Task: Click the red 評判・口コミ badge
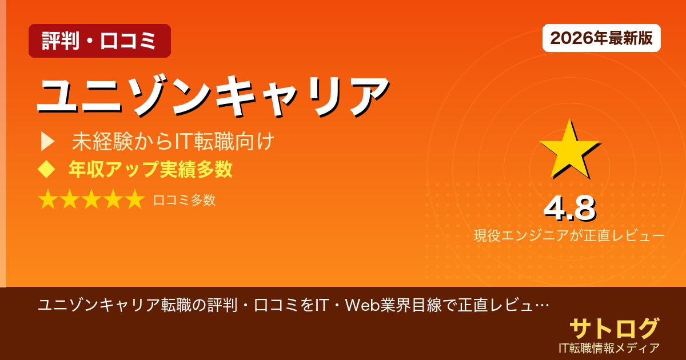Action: click(x=99, y=41)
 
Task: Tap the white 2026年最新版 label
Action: click(x=601, y=38)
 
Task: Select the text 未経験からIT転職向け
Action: click(x=173, y=142)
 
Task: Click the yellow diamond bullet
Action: click(x=46, y=169)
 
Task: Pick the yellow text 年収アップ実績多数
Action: click(x=150, y=169)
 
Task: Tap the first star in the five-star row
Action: click(x=48, y=199)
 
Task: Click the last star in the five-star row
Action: click(x=134, y=199)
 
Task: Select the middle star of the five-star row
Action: click(x=91, y=199)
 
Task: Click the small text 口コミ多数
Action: click(x=184, y=200)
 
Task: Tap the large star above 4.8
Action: click(x=569, y=150)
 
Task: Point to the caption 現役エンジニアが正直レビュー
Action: click(x=569, y=235)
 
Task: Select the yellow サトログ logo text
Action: click(x=614, y=329)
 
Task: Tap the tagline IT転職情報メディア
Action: click(x=609, y=347)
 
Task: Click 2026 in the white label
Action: click(x=571, y=38)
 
